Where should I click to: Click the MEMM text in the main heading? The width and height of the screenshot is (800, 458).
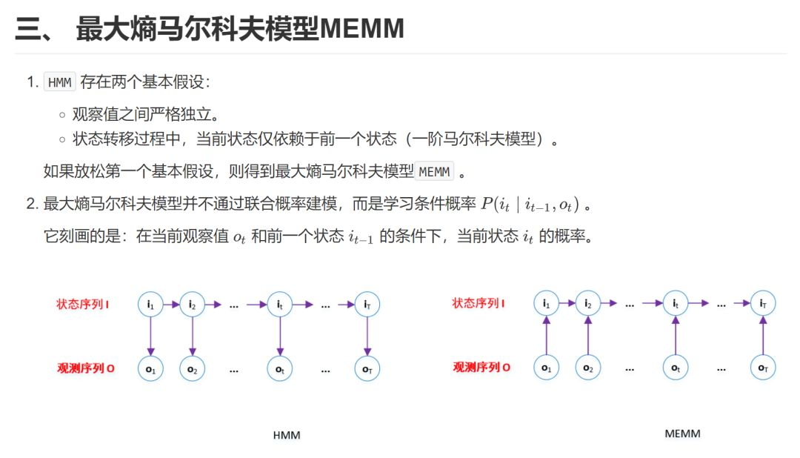click(363, 29)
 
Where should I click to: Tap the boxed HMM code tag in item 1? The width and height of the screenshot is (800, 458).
click(60, 82)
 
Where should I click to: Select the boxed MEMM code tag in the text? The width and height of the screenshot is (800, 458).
click(435, 172)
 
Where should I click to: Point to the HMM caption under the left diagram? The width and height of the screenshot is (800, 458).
click(287, 435)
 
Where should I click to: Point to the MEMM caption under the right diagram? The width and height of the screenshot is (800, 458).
click(682, 433)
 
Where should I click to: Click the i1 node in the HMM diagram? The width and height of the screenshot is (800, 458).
click(150, 304)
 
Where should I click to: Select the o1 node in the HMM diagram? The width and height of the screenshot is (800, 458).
click(150, 368)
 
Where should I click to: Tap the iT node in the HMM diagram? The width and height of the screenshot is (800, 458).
click(367, 304)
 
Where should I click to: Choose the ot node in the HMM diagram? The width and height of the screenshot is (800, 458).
click(280, 368)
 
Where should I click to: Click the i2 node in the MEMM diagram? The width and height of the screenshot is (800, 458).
click(587, 303)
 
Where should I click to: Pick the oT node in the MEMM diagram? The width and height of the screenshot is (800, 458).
click(763, 368)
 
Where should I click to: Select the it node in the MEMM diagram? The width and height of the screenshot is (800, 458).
click(676, 303)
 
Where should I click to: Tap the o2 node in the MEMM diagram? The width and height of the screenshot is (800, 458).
click(587, 368)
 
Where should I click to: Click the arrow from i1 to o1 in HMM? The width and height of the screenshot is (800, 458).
click(150, 336)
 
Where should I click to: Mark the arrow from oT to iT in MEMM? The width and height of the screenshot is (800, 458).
click(763, 335)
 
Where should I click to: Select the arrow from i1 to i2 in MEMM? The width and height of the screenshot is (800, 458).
click(567, 303)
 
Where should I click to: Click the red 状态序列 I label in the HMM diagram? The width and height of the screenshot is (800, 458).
click(83, 304)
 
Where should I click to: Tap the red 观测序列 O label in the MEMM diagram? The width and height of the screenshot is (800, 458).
click(481, 367)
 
